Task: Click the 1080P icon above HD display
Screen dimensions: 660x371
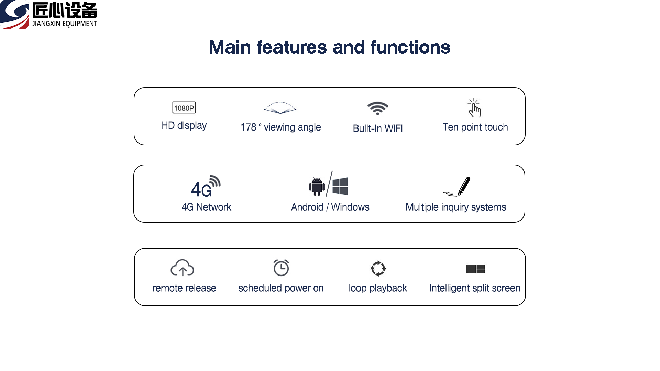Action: coord(184,108)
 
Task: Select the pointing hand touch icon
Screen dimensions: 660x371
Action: coord(474,108)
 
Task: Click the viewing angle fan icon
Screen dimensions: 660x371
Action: coord(280,108)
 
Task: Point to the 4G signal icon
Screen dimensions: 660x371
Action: coord(206,186)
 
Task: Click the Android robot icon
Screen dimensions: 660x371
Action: coord(317,187)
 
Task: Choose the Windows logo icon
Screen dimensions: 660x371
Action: coord(340,186)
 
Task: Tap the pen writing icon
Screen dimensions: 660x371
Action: coord(457,187)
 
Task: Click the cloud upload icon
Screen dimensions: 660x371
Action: coord(183,268)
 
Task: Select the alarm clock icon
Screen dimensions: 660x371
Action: coord(281,268)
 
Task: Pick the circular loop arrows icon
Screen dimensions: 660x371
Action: coord(378,268)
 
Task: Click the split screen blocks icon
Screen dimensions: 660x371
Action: coord(475,269)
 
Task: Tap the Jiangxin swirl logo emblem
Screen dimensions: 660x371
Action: coord(14,14)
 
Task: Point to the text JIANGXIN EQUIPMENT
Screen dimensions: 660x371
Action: coord(65,24)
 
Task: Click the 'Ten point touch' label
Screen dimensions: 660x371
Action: coord(475,127)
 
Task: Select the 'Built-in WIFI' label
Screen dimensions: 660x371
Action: coord(378,128)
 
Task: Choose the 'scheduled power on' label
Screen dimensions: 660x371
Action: coord(281,288)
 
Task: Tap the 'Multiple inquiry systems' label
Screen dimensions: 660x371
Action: coord(456,207)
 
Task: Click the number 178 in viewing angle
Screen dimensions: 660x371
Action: coord(249,127)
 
